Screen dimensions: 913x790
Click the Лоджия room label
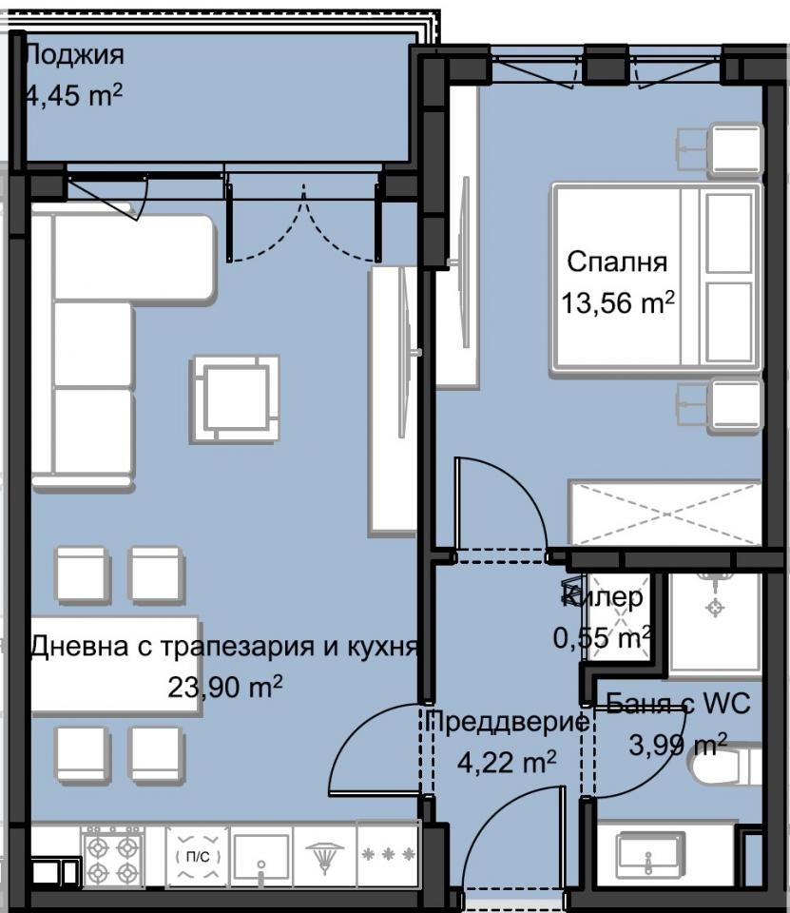(x=72, y=54)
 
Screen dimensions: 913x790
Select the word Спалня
(x=617, y=262)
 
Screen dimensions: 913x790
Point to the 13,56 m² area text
(x=617, y=303)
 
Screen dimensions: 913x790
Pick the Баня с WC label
(x=677, y=704)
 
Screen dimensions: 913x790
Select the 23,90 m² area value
(x=223, y=687)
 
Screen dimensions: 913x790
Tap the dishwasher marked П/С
(x=198, y=856)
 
